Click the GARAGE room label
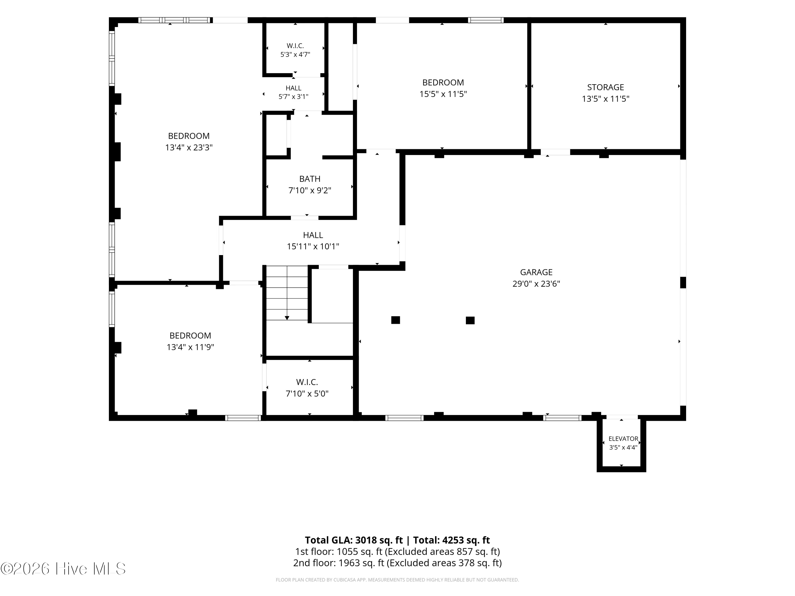coord(536,272)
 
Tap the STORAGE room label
coord(606,87)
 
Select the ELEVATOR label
coord(623,439)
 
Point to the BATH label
coord(310,179)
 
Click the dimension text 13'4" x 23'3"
coord(189,148)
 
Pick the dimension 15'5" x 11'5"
coord(443,94)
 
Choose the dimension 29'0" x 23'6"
coord(536,284)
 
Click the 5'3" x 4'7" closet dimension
coord(295,55)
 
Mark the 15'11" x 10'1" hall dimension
coord(313,246)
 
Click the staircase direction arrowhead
coord(287,318)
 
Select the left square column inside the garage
coord(396,320)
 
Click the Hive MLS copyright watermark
coord(63,569)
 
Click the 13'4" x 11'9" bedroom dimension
coord(191,347)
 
